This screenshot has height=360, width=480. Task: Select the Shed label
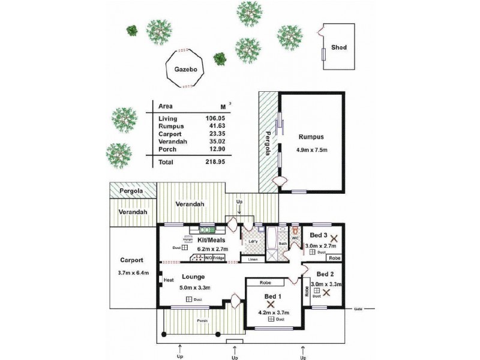[x=338, y=47]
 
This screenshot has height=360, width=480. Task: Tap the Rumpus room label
[x=310, y=136]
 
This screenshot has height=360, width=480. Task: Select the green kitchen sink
[x=207, y=229]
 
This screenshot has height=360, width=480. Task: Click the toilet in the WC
[x=295, y=230]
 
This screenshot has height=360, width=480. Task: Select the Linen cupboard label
[x=252, y=259]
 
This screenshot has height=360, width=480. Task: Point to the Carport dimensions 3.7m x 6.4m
[x=131, y=272]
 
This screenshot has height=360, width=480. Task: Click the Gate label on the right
[x=358, y=309]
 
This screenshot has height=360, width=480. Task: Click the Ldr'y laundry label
[x=253, y=242]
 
